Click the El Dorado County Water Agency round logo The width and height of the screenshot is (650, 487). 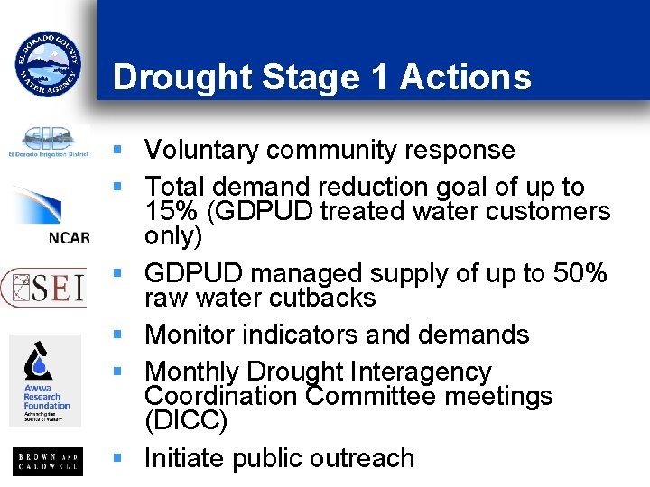tap(48, 63)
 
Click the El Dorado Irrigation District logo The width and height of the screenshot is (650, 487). tap(48, 142)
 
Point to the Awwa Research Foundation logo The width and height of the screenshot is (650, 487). tap(46, 381)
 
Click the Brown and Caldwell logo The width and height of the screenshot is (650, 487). tap(48, 462)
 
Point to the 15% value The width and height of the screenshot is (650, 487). tap(170, 212)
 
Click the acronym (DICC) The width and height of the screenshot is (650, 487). tap(186, 421)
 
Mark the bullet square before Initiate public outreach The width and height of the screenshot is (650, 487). tap(116, 458)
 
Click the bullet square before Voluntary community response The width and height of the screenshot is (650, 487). tap(116, 150)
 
